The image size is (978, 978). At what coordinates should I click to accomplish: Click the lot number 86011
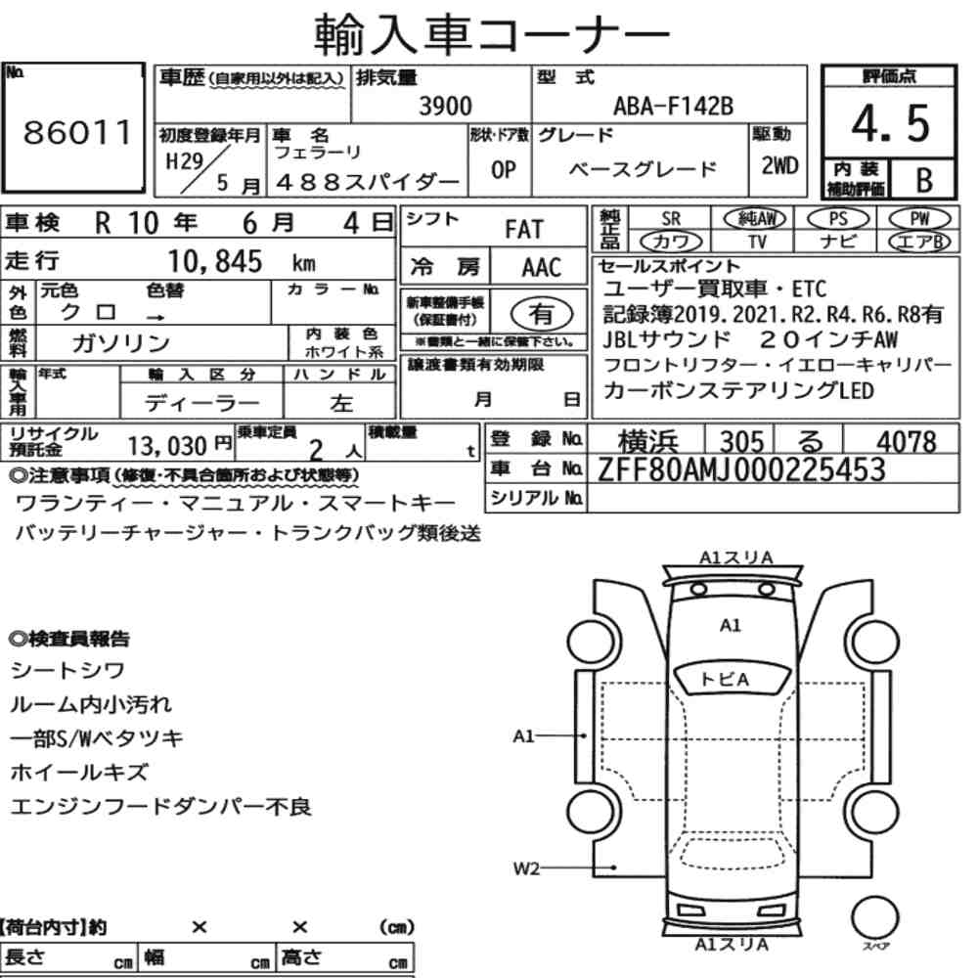click(77, 132)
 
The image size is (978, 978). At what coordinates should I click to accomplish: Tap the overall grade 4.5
click(890, 123)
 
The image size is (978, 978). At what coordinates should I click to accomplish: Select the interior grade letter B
click(924, 180)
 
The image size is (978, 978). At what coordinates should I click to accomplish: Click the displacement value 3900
click(445, 106)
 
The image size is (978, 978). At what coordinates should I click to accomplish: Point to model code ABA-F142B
click(673, 106)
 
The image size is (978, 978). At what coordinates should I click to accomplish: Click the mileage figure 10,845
click(215, 261)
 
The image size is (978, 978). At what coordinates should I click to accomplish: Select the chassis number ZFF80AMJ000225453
click(741, 469)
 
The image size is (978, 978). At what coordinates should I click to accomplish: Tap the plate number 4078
click(907, 442)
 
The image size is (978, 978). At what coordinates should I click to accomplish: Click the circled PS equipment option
click(838, 219)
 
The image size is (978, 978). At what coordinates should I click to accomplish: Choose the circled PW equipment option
click(919, 219)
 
